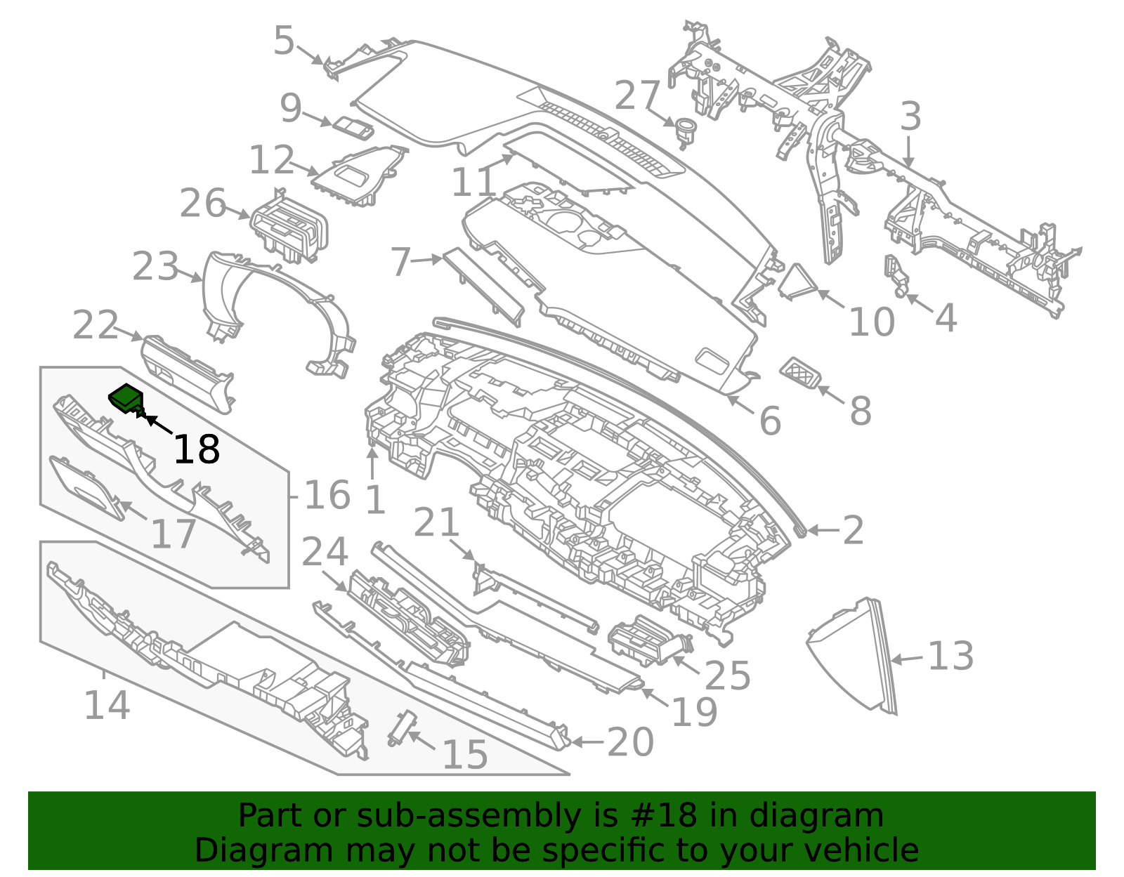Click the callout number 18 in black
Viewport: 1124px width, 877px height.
[196, 449]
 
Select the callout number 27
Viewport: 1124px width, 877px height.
[637, 95]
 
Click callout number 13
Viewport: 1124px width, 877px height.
[950, 656]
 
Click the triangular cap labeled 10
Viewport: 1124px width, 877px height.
[798, 281]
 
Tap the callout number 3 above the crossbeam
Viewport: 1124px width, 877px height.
[910, 116]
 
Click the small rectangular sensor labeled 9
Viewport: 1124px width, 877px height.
[353, 127]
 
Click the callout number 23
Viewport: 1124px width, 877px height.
[155, 267]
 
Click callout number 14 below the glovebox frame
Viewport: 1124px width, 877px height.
[106, 704]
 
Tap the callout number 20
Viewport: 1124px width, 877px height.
[630, 741]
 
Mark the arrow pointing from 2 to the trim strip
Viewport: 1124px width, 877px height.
[822, 530]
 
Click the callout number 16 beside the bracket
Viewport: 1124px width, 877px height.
[327, 495]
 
